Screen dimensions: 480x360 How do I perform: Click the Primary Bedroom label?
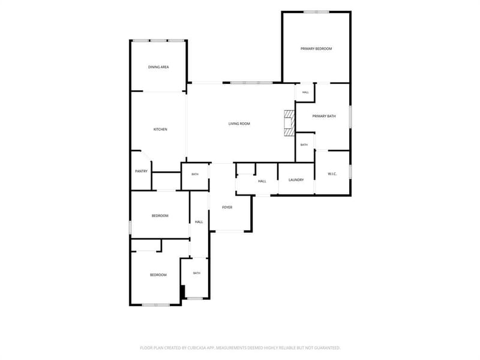pyautogui.click(x=316, y=49)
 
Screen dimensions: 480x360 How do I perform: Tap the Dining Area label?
pyautogui.click(x=158, y=67)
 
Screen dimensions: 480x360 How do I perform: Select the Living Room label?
pyautogui.click(x=239, y=124)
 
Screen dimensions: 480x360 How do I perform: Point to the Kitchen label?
pyautogui.click(x=160, y=130)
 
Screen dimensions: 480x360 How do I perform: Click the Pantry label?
pyautogui.click(x=141, y=171)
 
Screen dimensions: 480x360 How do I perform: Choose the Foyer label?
pyautogui.click(x=227, y=208)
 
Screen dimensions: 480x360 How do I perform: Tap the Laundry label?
pyautogui.click(x=296, y=180)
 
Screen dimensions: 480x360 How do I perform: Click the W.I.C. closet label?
pyautogui.click(x=332, y=174)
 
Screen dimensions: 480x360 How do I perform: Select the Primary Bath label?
pyautogui.click(x=324, y=116)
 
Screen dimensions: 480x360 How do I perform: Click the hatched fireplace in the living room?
pyautogui.click(x=289, y=123)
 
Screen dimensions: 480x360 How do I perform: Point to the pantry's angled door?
pyautogui.click(x=146, y=155)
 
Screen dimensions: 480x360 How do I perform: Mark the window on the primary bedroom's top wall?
pyautogui.click(x=317, y=12)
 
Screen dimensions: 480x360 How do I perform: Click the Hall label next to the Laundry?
pyautogui.click(x=262, y=181)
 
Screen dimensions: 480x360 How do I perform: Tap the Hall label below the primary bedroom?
pyautogui.click(x=305, y=92)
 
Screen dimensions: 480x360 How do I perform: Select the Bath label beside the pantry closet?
pyautogui.click(x=195, y=174)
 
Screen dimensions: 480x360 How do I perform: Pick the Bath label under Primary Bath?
pyautogui.click(x=304, y=145)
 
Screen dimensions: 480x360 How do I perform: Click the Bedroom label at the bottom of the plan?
pyautogui.click(x=158, y=275)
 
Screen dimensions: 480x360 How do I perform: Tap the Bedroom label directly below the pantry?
pyautogui.click(x=160, y=216)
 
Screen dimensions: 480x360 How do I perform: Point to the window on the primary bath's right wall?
pyautogui.click(x=350, y=116)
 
